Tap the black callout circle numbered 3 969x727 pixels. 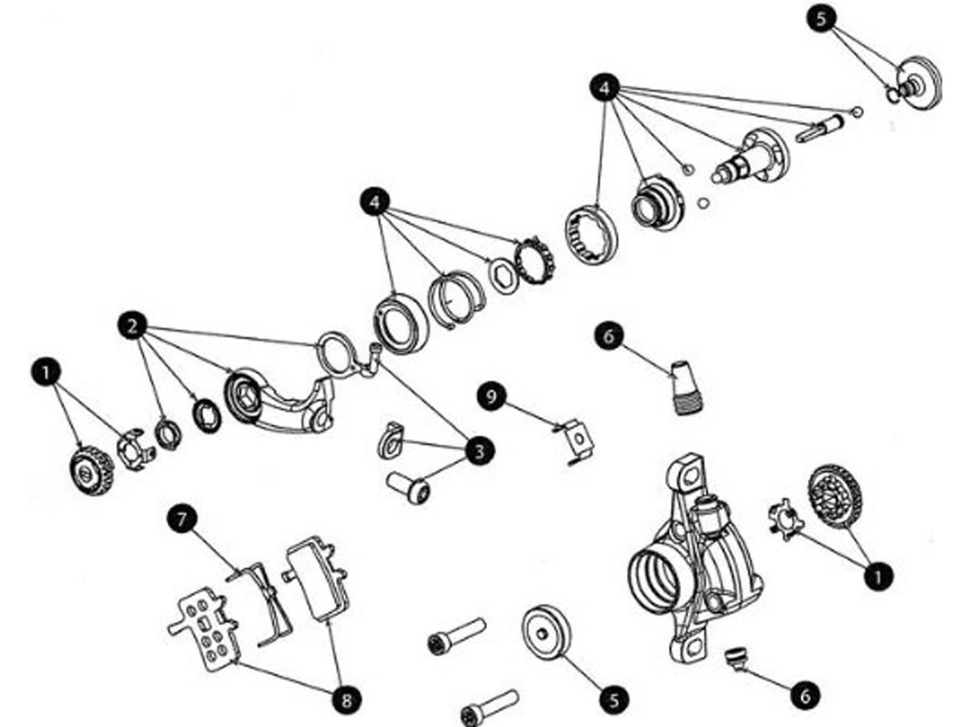click(x=479, y=451)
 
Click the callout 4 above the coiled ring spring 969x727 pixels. click(x=374, y=202)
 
